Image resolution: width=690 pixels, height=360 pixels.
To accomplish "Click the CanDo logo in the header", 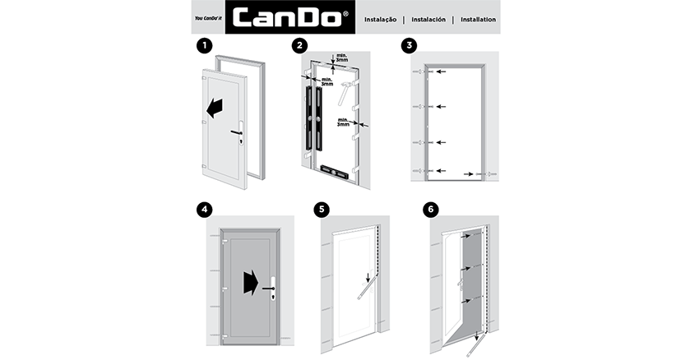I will click(289, 18).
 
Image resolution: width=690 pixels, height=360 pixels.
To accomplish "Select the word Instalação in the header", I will click(381, 19).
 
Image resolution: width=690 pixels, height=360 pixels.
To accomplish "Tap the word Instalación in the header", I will click(428, 19).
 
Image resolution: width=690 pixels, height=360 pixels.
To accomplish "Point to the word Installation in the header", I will click(478, 19).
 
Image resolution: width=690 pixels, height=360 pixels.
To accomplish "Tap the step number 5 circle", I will click(322, 210).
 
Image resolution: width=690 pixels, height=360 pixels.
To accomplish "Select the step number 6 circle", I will click(430, 210).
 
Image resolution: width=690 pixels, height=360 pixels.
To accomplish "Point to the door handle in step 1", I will click(238, 132).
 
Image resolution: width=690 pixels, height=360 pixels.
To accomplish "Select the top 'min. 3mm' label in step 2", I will click(340, 58).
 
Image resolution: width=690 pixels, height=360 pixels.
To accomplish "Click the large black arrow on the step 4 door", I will click(249, 283).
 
